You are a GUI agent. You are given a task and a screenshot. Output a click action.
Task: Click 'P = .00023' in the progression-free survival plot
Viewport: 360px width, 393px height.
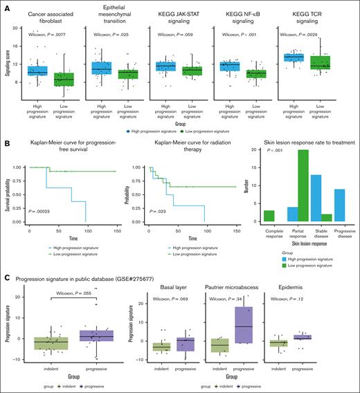pyautogui.click(x=37, y=212)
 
